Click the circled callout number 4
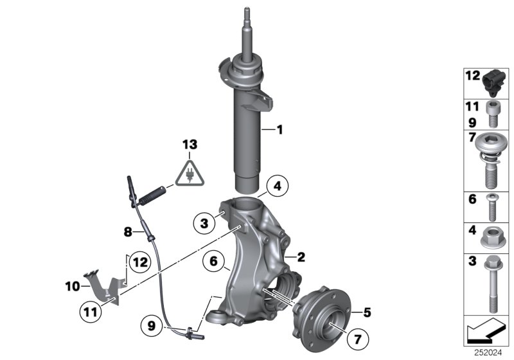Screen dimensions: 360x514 point(276,187)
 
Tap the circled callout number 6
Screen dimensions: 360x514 point(213,262)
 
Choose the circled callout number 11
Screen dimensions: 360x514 point(91,314)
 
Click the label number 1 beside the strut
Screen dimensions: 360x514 point(279,130)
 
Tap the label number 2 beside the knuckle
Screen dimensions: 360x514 point(301,256)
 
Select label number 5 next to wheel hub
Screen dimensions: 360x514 point(368,313)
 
